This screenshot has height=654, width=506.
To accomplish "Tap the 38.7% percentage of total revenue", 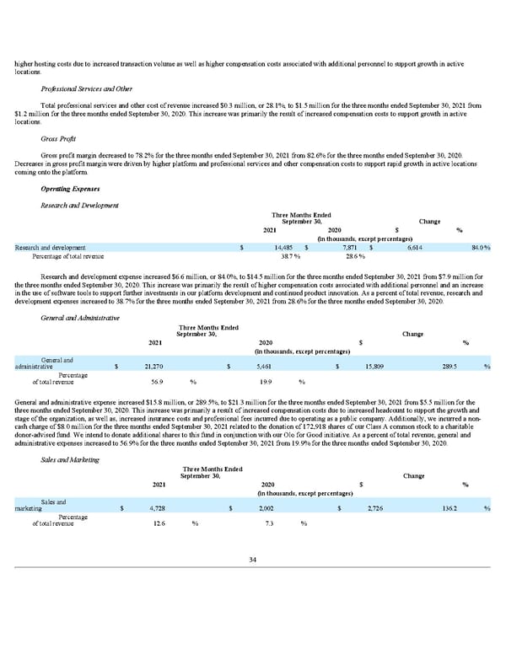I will click(x=291, y=256).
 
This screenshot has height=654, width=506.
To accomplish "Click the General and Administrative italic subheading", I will click(x=79, y=317).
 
